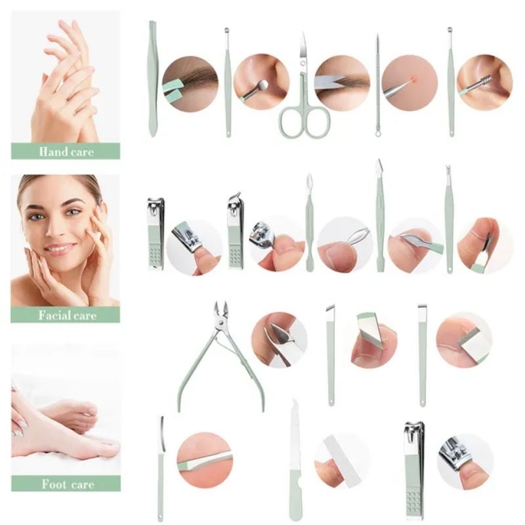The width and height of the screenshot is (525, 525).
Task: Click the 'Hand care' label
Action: tap(66, 152)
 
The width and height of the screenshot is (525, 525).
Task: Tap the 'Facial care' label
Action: tap(66, 315)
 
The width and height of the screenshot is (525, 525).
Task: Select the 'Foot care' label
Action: tap(66, 485)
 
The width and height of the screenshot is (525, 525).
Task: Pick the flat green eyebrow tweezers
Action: tap(152, 79)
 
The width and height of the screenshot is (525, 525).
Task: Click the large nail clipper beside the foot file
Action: tap(414, 463)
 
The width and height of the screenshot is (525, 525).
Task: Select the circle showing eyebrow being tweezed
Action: tap(190, 83)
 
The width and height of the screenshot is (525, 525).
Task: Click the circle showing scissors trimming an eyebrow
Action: tap(342, 83)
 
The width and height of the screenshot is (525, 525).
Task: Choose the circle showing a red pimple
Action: tap(410, 83)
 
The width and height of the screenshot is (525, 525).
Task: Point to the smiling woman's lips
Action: tap(60, 249)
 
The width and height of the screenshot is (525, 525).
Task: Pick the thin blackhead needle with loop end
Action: tap(378, 85)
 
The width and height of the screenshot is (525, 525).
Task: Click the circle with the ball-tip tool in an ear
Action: tap(261, 81)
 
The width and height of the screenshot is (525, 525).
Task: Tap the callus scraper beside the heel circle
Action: tap(160, 459)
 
